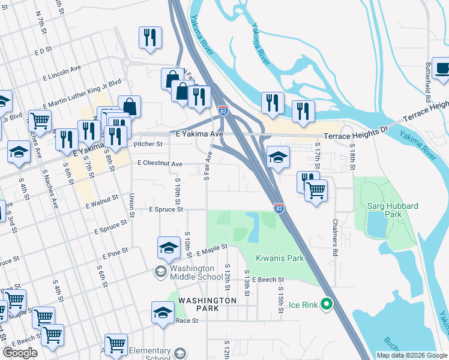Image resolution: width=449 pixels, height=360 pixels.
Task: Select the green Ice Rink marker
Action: click(327, 305)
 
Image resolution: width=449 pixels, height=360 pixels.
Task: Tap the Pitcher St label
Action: click(148, 144)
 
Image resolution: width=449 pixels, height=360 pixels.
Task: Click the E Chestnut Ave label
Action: click(159, 163)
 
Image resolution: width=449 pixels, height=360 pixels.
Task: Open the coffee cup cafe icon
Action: click(442, 67)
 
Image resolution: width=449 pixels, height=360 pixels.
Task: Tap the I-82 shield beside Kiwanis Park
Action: click(279, 208)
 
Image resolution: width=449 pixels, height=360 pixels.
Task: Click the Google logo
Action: click(20, 352)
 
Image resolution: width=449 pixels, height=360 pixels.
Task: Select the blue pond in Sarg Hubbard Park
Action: click(376, 224)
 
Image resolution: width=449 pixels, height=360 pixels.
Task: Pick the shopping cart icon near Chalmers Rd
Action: click(316, 191)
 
